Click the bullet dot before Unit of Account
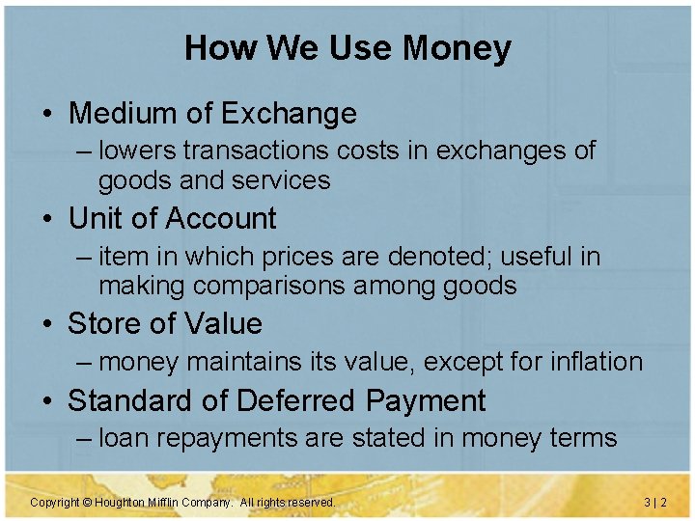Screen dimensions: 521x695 [46, 220]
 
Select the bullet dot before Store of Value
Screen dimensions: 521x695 [46, 324]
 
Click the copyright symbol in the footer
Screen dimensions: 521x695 [86, 503]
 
